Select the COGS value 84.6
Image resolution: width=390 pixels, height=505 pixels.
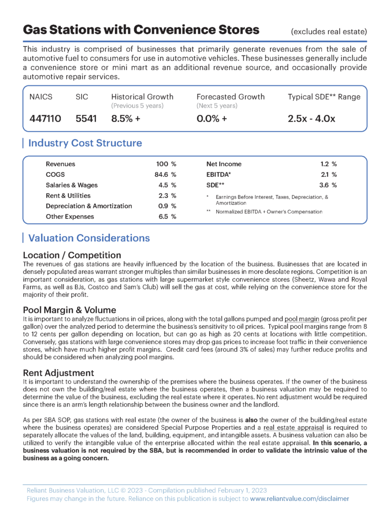tap(163, 175)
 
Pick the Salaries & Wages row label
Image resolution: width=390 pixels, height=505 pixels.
tap(72, 185)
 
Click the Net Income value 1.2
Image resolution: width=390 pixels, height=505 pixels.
tap(326, 164)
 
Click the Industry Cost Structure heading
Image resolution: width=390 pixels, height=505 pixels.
tap(85, 143)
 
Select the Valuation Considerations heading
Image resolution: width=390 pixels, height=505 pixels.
tap(89, 238)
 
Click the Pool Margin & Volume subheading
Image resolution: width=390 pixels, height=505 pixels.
tap(70, 310)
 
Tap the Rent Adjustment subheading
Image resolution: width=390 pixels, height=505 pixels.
tap(58, 373)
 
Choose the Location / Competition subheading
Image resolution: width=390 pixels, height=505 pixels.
tap(72, 255)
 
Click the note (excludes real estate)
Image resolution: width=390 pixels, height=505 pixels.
tap(329, 31)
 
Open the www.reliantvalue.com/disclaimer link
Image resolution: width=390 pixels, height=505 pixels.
tap(300, 499)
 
